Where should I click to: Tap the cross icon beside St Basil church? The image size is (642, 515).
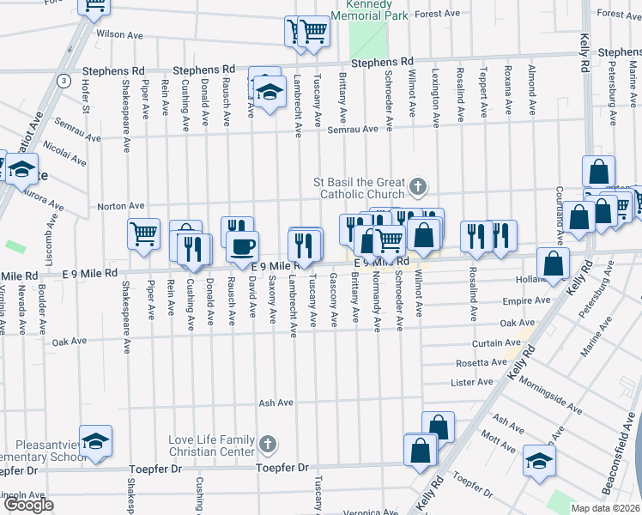(418, 185)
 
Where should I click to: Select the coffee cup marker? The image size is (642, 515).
(241, 246)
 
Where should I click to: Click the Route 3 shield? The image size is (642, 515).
(64, 81)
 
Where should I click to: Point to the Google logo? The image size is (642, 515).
(28, 505)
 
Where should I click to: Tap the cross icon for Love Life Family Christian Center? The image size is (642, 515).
(268, 444)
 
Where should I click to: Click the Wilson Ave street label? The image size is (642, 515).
(119, 34)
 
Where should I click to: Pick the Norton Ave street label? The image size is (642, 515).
(120, 206)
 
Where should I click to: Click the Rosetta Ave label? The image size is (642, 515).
(480, 362)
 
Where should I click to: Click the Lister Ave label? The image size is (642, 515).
(474, 381)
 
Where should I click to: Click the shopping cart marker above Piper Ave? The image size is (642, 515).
(144, 233)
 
